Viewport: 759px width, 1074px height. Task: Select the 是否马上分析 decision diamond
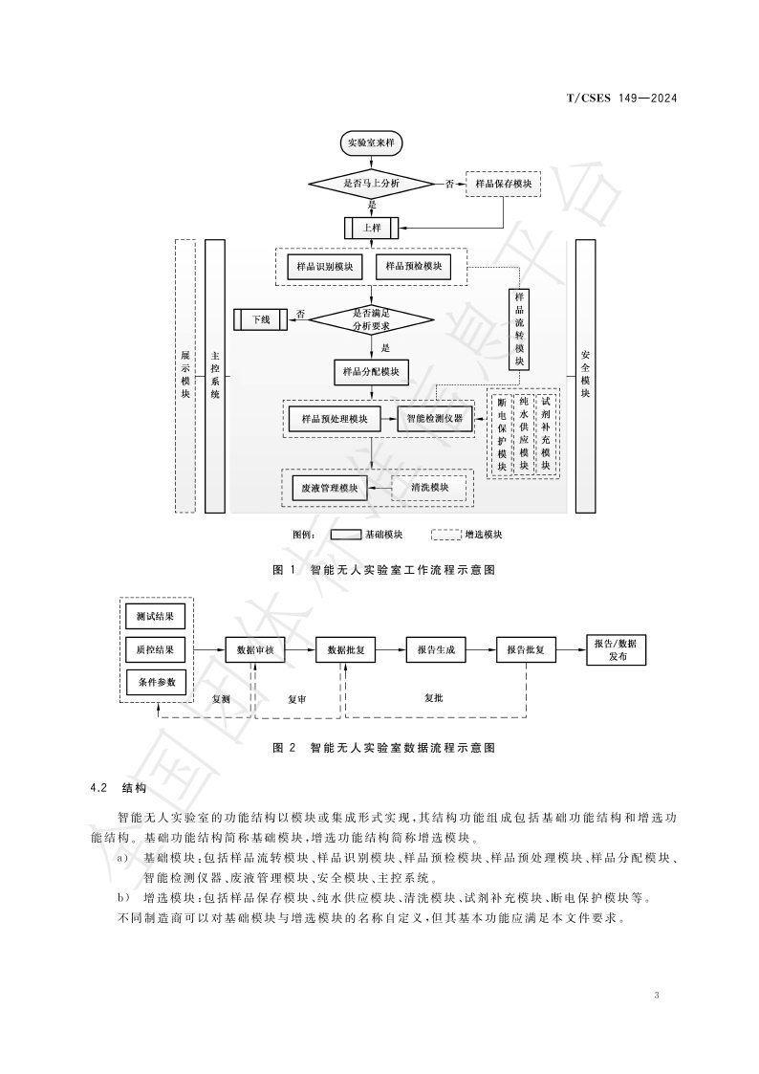[372, 182]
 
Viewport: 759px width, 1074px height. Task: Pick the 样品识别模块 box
[324, 266]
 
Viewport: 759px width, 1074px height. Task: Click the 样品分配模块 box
[372, 371]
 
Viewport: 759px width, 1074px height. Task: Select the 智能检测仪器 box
[434, 418]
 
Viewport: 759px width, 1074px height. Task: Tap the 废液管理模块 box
[329, 488]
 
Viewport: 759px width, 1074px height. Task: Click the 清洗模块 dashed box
[429, 488]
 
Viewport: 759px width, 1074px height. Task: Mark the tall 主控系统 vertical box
[215, 376]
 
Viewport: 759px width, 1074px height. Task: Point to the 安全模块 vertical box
[585, 376]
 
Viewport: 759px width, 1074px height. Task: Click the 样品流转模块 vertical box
[519, 328]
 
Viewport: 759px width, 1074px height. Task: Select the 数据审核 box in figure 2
[256, 649]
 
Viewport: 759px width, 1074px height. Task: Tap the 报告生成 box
[436, 649]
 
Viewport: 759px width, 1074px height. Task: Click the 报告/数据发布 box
[616, 649]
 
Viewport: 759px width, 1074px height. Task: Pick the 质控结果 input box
[155, 649]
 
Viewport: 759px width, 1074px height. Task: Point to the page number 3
[657, 996]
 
